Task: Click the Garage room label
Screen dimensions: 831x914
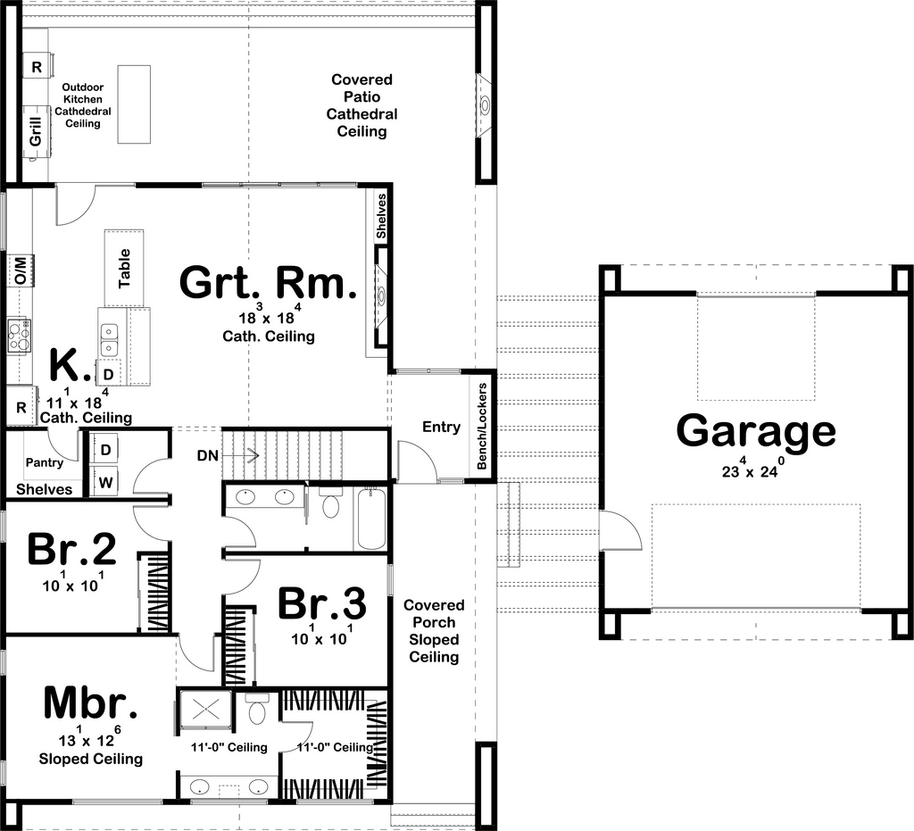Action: coord(755,431)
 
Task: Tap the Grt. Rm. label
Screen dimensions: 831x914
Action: coord(268,283)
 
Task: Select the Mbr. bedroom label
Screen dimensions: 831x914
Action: coord(90,703)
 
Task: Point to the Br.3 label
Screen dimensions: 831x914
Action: coord(321,604)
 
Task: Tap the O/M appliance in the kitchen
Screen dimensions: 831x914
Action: coord(20,269)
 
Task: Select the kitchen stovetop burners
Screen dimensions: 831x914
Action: coord(19,336)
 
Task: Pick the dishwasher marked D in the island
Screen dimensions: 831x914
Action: coord(108,374)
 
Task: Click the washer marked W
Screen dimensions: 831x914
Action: coord(105,482)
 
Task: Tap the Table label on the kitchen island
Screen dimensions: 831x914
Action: coord(124,267)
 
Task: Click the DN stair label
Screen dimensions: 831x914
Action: coord(208,455)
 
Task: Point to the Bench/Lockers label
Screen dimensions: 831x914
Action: coord(482,427)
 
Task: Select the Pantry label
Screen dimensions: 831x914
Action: coord(44,462)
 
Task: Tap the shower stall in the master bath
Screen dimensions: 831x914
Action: coord(206,711)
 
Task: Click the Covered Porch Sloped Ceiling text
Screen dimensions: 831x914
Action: coord(434,631)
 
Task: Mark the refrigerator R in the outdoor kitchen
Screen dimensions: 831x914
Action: coord(37,67)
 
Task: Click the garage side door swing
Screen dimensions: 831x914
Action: coord(619,532)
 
